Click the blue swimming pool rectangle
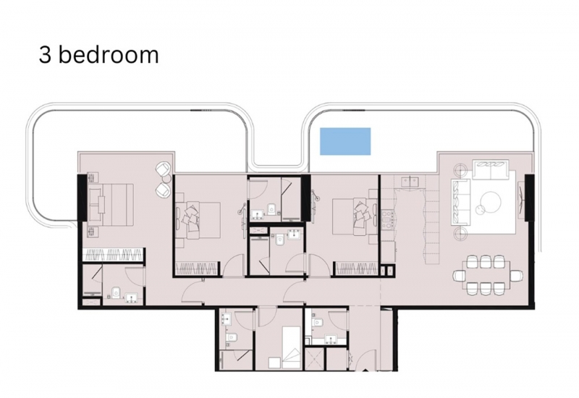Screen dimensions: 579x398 pos(345,141)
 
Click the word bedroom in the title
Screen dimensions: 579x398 pos(109,55)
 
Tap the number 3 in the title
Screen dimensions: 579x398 pos(45,56)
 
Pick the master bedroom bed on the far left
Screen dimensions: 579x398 pos(110,204)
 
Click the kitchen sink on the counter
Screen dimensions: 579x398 pos(410,181)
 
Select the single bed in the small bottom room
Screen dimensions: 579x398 pos(291,347)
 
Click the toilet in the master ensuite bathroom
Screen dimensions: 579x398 pos(116,292)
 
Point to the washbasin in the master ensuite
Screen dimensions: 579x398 pos(132,297)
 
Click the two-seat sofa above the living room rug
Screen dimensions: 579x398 pos(491,169)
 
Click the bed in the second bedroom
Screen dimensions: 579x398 pos(200,220)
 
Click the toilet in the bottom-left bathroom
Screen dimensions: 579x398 pos(232,337)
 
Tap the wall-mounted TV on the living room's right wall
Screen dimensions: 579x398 pos(520,200)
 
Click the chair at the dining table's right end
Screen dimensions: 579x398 pos(517,275)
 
